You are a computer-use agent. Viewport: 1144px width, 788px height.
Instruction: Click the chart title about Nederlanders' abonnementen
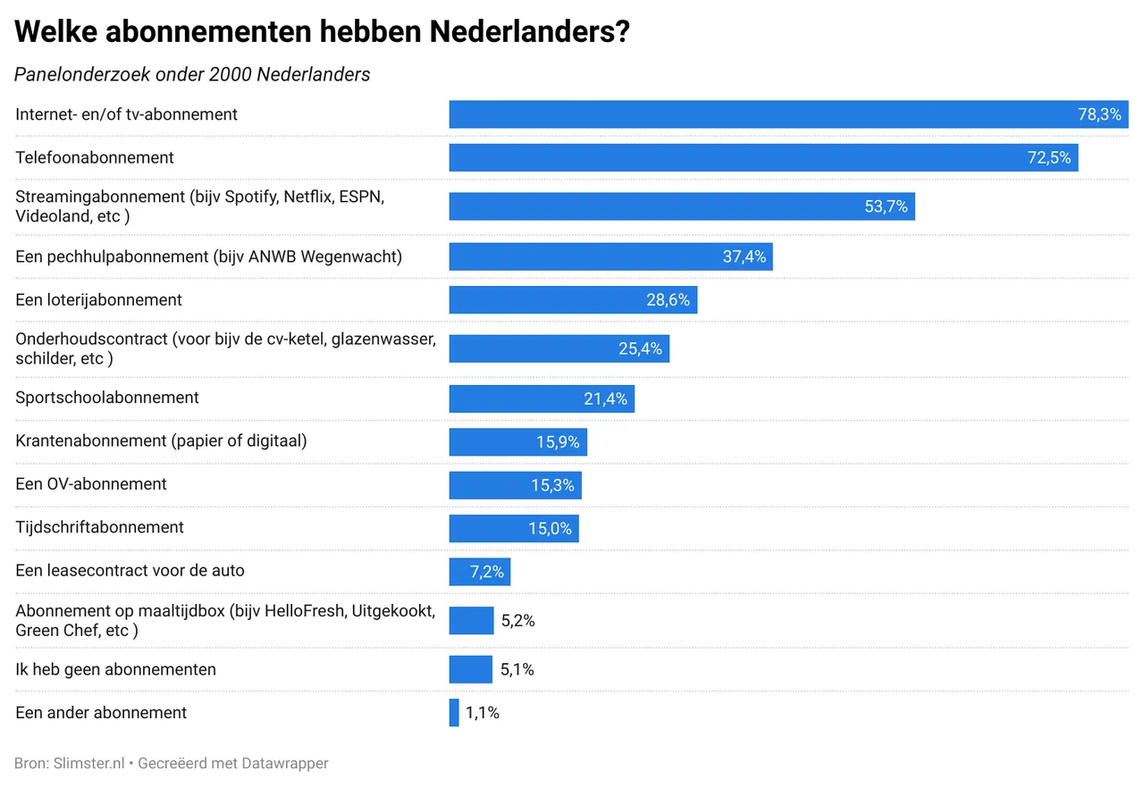322,33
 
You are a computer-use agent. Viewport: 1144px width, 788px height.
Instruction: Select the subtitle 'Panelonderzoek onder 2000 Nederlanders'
192,75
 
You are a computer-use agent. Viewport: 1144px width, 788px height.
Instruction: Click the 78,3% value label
1099,114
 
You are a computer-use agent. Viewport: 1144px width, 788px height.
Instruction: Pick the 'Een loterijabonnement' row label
98,300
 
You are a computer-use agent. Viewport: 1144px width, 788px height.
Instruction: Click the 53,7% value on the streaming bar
886,206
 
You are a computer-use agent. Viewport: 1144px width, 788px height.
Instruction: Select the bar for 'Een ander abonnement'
454,713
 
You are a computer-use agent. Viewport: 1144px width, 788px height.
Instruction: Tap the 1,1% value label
483,713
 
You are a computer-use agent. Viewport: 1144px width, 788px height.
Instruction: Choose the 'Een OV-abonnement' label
91,484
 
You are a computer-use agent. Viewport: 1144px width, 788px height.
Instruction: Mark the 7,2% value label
487,572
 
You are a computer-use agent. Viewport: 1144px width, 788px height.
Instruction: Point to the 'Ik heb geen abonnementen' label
115,669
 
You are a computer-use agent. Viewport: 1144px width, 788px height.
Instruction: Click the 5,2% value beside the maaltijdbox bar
518,621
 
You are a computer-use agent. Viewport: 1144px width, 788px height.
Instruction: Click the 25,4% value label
640,348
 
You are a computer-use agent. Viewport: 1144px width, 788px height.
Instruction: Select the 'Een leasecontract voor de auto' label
130,571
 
